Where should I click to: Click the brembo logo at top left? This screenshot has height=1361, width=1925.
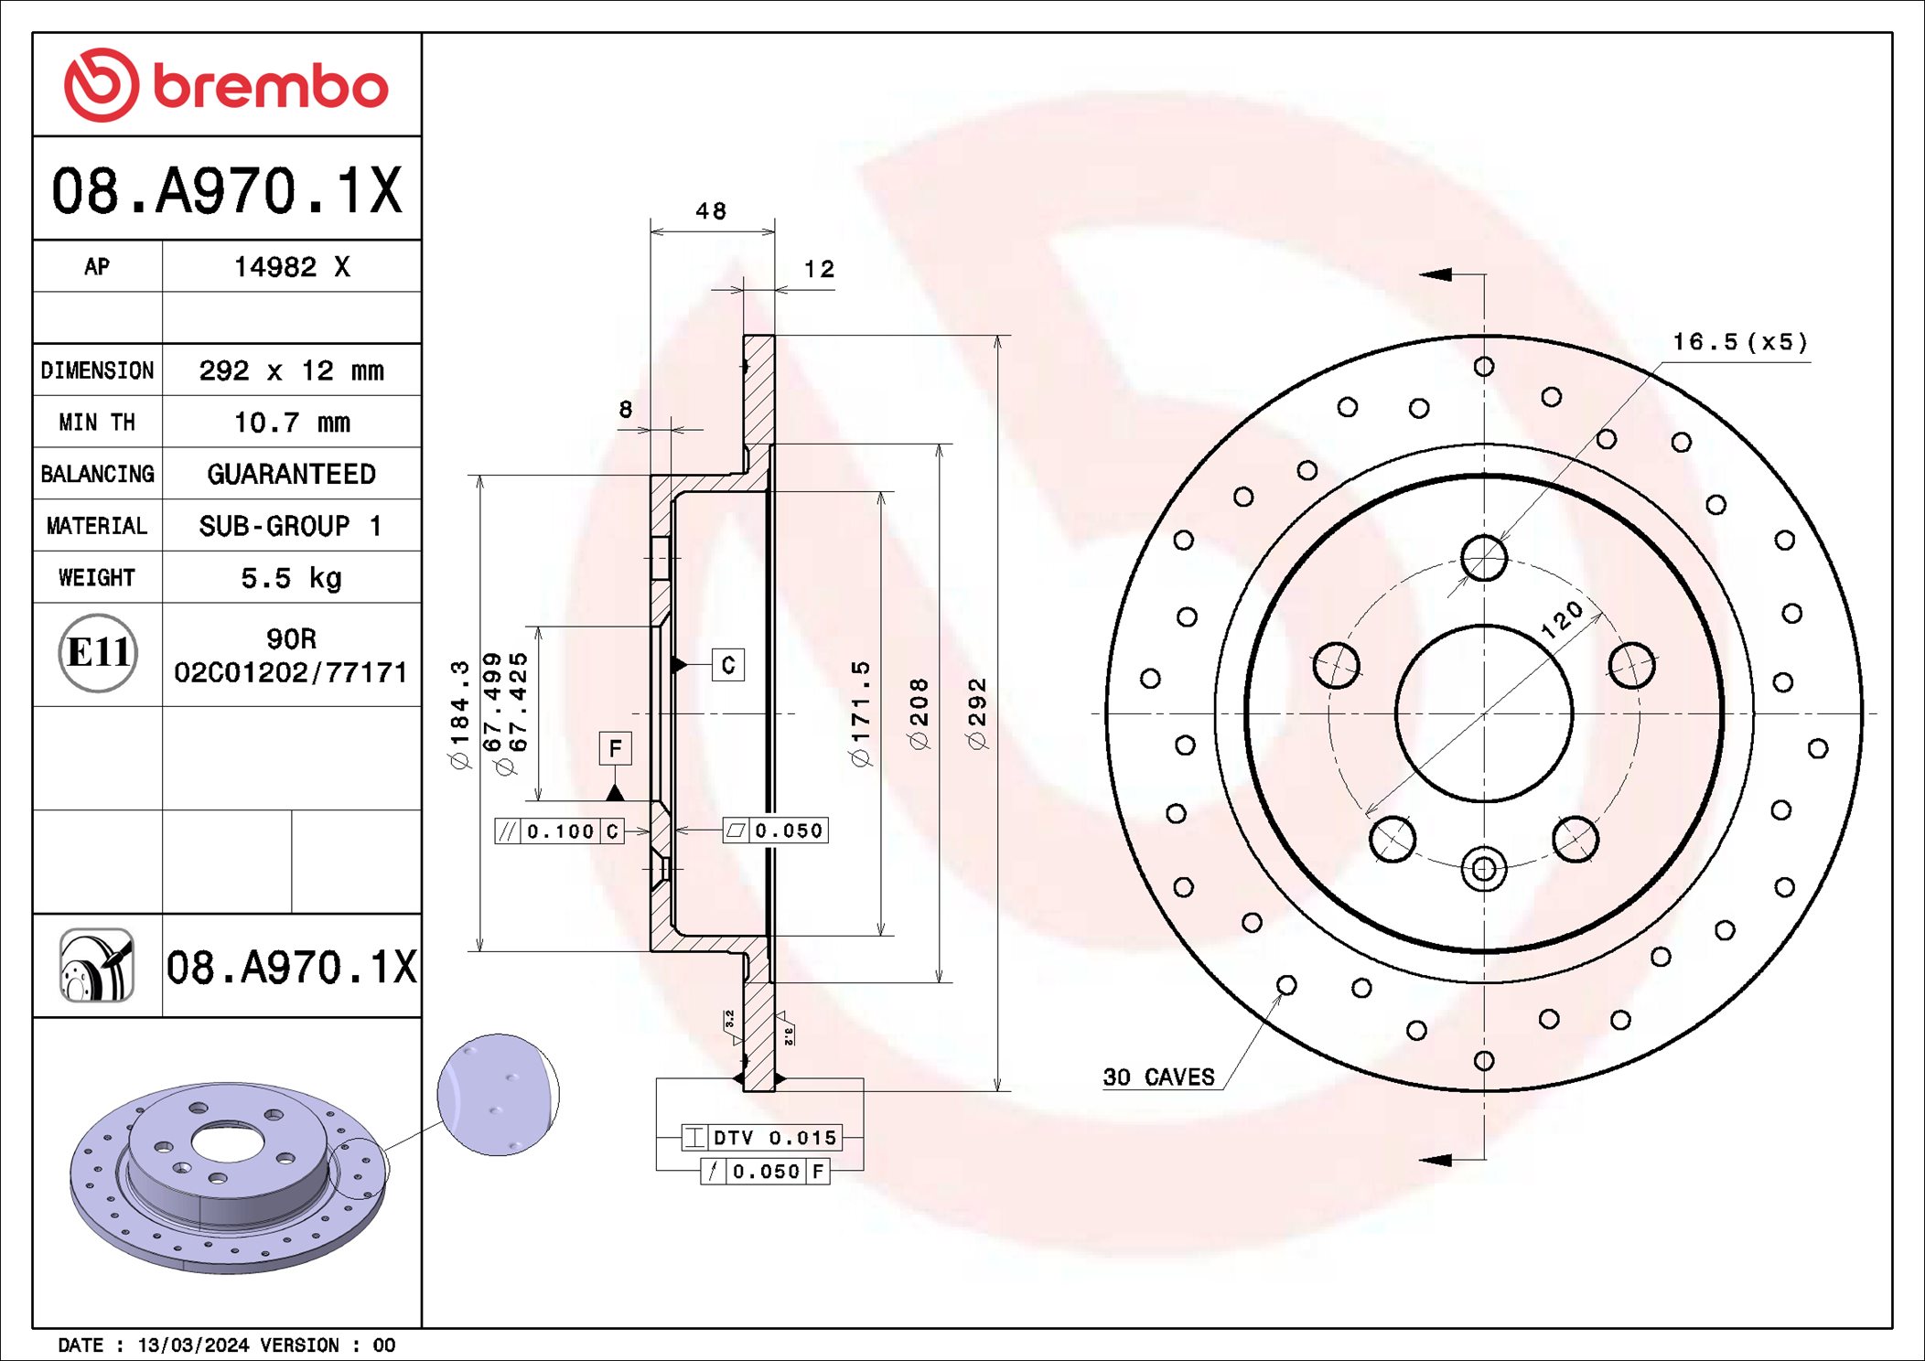pyautogui.click(x=226, y=85)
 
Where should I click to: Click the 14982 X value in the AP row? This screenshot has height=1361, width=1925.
pyautogui.click(x=291, y=267)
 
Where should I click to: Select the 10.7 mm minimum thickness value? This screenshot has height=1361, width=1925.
pyautogui.click(x=291, y=423)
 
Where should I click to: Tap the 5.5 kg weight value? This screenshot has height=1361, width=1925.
pyautogui.click(x=291, y=578)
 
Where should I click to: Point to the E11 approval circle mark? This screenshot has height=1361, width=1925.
pyautogui.click(x=98, y=653)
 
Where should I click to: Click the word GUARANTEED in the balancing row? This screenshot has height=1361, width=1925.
pyautogui.click(x=291, y=474)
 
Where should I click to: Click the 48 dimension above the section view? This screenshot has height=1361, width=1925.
pyautogui.click(x=711, y=211)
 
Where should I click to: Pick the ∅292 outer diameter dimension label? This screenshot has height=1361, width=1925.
pyautogui.click(x=978, y=713)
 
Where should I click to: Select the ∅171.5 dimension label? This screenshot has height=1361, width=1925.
pyautogui.click(x=861, y=713)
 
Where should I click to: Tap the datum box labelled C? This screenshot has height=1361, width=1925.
pyautogui.click(x=728, y=665)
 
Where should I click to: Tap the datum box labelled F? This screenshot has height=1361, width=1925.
pyautogui.click(x=615, y=749)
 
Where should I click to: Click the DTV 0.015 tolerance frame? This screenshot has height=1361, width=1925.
pyautogui.click(x=761, y=1138)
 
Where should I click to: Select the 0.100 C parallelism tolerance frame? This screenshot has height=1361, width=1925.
pyautogui.click(x=559, y=831)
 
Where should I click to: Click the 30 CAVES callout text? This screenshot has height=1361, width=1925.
pyautogui.click(x=1158, y=1077)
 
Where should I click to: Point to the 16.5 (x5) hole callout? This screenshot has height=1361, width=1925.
pyautogui.click(x=1739, y=343)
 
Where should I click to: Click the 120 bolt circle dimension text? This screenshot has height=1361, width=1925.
pyautogui.click(x=1562, y=619)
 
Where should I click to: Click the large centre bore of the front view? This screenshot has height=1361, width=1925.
pyautogui.click(x=1483, y=713)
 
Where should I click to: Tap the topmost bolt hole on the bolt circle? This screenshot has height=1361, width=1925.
pyautogui.click(x=1483, y=557)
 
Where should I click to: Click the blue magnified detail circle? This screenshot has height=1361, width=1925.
pyautogui.click(x=498, y=1095)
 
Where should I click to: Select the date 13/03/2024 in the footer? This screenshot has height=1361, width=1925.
pyautogui.click(x=193, y=1345)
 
